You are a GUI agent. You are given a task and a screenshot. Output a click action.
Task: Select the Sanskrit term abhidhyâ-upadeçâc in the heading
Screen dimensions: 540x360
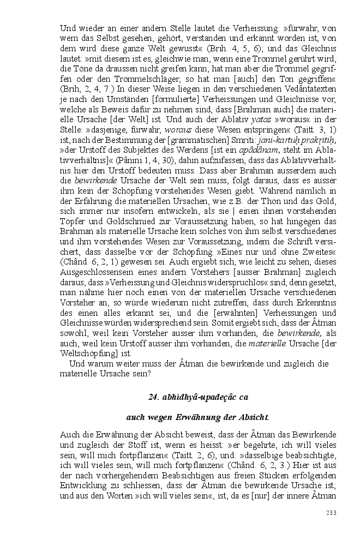coord(191,397)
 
